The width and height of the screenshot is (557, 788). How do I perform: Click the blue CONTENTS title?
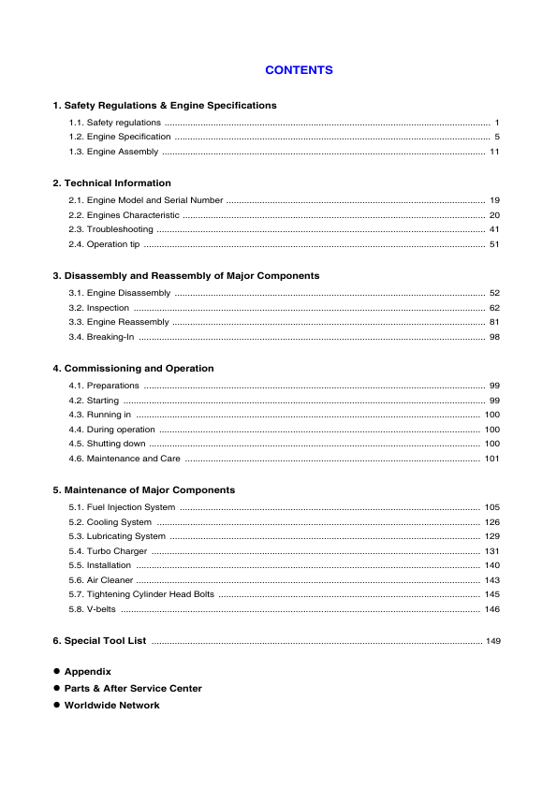(299, 70)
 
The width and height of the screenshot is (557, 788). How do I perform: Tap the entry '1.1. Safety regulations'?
(114, 123)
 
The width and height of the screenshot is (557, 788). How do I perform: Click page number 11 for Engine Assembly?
(494, 153)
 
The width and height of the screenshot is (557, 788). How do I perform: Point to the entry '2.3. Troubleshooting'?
(110, 229)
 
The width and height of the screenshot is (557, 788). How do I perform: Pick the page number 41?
(494, 229)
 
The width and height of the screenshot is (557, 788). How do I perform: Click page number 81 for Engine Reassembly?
(494, 322)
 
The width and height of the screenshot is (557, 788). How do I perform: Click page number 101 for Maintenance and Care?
(491, 459)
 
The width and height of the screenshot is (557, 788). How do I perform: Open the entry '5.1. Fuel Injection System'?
(122, 507)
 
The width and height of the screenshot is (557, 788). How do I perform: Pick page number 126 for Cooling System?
(491, 522)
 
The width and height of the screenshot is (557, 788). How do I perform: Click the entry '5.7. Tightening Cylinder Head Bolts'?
(141, 594)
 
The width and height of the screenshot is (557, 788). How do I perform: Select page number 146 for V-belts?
(491, 609)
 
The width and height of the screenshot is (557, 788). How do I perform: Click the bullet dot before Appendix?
(56, 671)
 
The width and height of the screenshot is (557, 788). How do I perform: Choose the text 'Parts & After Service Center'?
(133, 688)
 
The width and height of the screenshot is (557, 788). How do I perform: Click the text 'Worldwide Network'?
(111, 705)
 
